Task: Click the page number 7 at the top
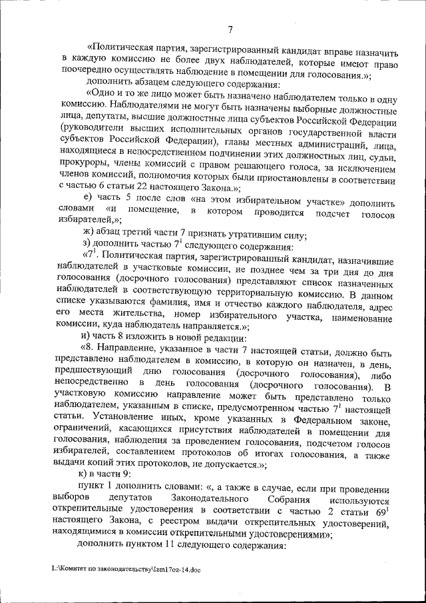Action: (x=229, y=29)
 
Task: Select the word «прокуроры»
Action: (x=84, y=165)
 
